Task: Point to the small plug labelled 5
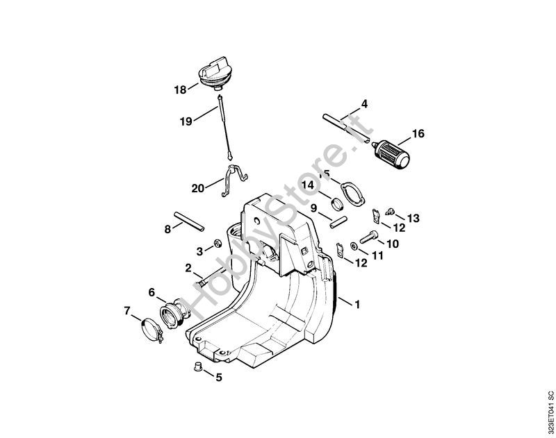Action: pyautogui.click(x=197, y=366)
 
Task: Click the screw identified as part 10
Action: pyautogui.click(x=369, y=237)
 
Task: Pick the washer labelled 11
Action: pyautogui.click(x=353, y=246)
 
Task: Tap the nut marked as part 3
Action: pyautogui.click(x=217, y=243)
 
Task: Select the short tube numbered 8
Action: pyautogui.click(x=188, y=222)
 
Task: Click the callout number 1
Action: pyautogui.click(x=357, y=304)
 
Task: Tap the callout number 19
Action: pyautogui.click(x=186, y=121)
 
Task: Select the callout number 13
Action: pyautogui.click(x=413, y=218)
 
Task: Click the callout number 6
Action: pyautogui.click(x=152, y=292)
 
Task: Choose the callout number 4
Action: pyautogui.click(x=364, y=104)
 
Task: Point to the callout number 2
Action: pyautogui.click(x=188, y=268)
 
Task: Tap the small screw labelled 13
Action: pyautogui.click(x=390, y=211)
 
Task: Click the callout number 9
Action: pyautogui.click(x=313, y=208)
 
